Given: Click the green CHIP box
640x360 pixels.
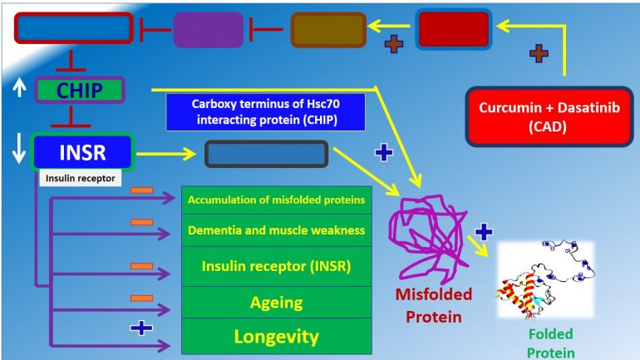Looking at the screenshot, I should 79,90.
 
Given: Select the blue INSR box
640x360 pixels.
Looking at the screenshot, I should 81,152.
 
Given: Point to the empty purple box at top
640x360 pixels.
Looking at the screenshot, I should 208,29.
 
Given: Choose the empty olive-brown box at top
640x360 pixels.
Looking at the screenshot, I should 328,30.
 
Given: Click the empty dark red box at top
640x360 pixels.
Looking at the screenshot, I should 453,30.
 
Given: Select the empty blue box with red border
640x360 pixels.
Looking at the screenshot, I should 73,28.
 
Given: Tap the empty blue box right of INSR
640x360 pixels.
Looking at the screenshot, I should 266,154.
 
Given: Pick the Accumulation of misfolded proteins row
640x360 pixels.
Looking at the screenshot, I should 276,200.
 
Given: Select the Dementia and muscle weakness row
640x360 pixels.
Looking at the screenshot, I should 276,230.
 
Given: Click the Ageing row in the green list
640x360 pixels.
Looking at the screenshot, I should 276,303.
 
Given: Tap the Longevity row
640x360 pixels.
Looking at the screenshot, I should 276,337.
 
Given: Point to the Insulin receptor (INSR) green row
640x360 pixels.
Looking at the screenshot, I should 276,266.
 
